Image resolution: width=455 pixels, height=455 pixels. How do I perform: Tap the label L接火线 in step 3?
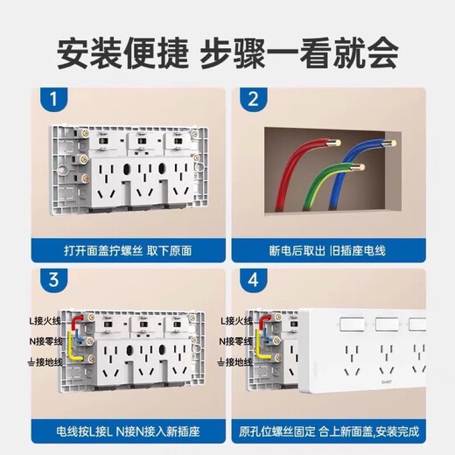(47, 322)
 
